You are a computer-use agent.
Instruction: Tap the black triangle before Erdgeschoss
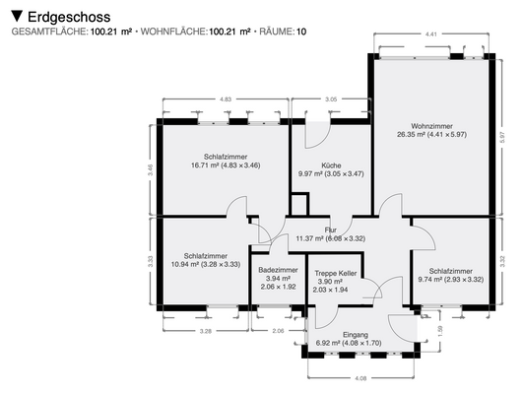17,17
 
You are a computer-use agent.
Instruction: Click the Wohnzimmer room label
430,124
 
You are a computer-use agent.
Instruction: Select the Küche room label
331,164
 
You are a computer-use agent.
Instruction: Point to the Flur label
330,230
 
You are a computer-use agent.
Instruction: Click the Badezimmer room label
278,270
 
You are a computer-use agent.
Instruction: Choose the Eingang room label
355,335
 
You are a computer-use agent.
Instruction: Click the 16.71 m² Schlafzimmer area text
226,165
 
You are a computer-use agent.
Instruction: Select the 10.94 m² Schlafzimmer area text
206,264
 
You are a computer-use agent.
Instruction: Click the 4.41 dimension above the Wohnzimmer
430,34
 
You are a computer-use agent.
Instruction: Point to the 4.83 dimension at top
226,99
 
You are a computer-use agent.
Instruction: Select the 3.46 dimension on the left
150,168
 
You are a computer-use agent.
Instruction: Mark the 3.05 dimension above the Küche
331,99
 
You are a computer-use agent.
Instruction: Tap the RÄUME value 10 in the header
301,33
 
